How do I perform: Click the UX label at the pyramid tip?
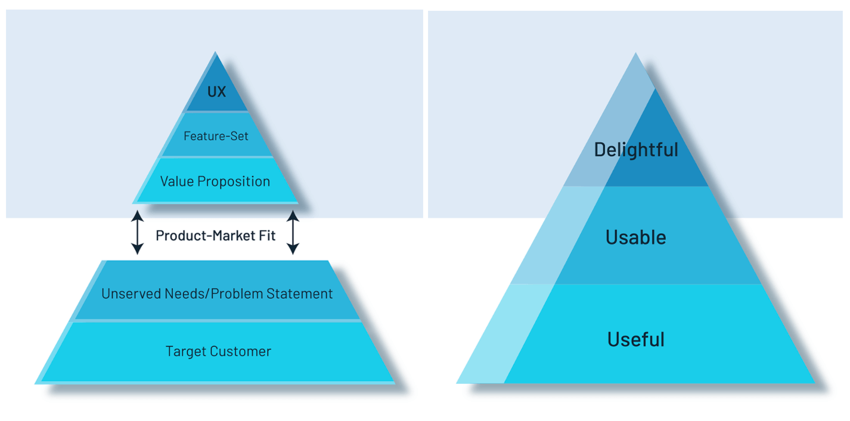point(216,92)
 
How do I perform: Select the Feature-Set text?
point(216,136)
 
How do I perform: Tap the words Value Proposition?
point(215,181)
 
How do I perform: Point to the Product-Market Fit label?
point(216,236)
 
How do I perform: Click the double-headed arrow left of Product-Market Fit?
point(138,232)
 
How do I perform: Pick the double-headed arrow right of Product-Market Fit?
point(293,232)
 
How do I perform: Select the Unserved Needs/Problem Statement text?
point(217,293)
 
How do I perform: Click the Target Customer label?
point(218,351)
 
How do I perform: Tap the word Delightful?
point(636,149)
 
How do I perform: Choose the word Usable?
point(636,237)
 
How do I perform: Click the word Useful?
point(636,339)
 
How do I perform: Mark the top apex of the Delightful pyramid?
point(635,53)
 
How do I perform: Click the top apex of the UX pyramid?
point(215,52)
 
